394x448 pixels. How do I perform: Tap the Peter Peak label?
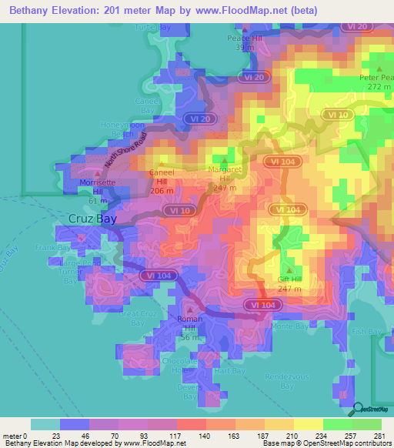click(379, 78)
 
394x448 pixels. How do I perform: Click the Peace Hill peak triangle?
click(245, 28)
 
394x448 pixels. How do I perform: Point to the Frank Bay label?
click(50, 247)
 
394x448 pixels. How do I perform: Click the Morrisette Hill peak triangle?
click(95, 175)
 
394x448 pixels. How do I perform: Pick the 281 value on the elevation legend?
click(382, 437)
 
